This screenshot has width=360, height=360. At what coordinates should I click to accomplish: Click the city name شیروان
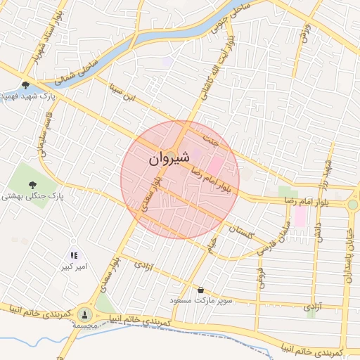pos(169,160)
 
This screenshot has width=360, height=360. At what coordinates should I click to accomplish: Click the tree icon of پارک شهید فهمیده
pos(26,84)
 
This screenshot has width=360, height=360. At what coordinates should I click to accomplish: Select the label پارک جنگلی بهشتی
pos(32,198)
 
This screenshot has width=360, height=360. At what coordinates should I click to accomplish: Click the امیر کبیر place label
pos(74,267)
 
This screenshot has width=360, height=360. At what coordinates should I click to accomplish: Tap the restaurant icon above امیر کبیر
pos(74,256)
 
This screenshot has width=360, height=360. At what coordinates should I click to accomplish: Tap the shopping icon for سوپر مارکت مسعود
pos(202,289)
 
